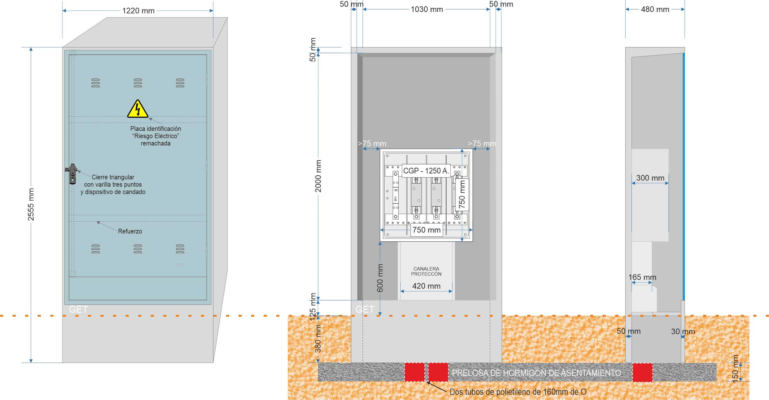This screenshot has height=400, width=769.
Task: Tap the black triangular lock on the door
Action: pos(72,173)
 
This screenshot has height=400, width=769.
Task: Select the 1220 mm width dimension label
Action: pos(138,11)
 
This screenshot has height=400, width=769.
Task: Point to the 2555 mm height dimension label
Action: pos(31,204)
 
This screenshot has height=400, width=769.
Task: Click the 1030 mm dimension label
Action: pos(427,9)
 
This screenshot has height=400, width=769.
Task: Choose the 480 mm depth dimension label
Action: pos(655,9)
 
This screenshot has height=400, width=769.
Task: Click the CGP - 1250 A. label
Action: pos(426,171)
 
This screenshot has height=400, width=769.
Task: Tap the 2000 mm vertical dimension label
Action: pos(318,176)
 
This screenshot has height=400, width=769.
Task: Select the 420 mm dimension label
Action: pos(426,286)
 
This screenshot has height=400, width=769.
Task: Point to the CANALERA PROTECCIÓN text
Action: pos(426,271)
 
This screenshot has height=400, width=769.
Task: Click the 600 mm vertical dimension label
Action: pos(380,278)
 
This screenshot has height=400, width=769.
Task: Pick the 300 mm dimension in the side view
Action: pos(650,178)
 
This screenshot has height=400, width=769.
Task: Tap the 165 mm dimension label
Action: pos(642,277)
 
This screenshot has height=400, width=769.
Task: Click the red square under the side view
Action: pos(643,372)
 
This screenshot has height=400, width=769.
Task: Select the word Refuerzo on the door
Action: pos(130,231)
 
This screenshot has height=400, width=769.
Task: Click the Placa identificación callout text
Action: pos(156,136)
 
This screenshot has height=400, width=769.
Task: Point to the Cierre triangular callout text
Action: pos(113,184)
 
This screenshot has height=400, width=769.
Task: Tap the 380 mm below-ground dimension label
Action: pos(318,339)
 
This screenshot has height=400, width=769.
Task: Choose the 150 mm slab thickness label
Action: pos(735,369)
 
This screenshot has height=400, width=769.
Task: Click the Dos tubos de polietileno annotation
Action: pos(518,392)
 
